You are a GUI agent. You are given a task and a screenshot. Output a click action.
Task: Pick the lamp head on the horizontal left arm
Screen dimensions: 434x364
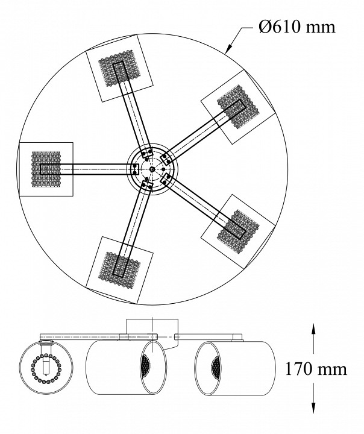46,169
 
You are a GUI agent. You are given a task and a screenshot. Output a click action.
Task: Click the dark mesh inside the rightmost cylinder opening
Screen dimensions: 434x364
214,368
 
